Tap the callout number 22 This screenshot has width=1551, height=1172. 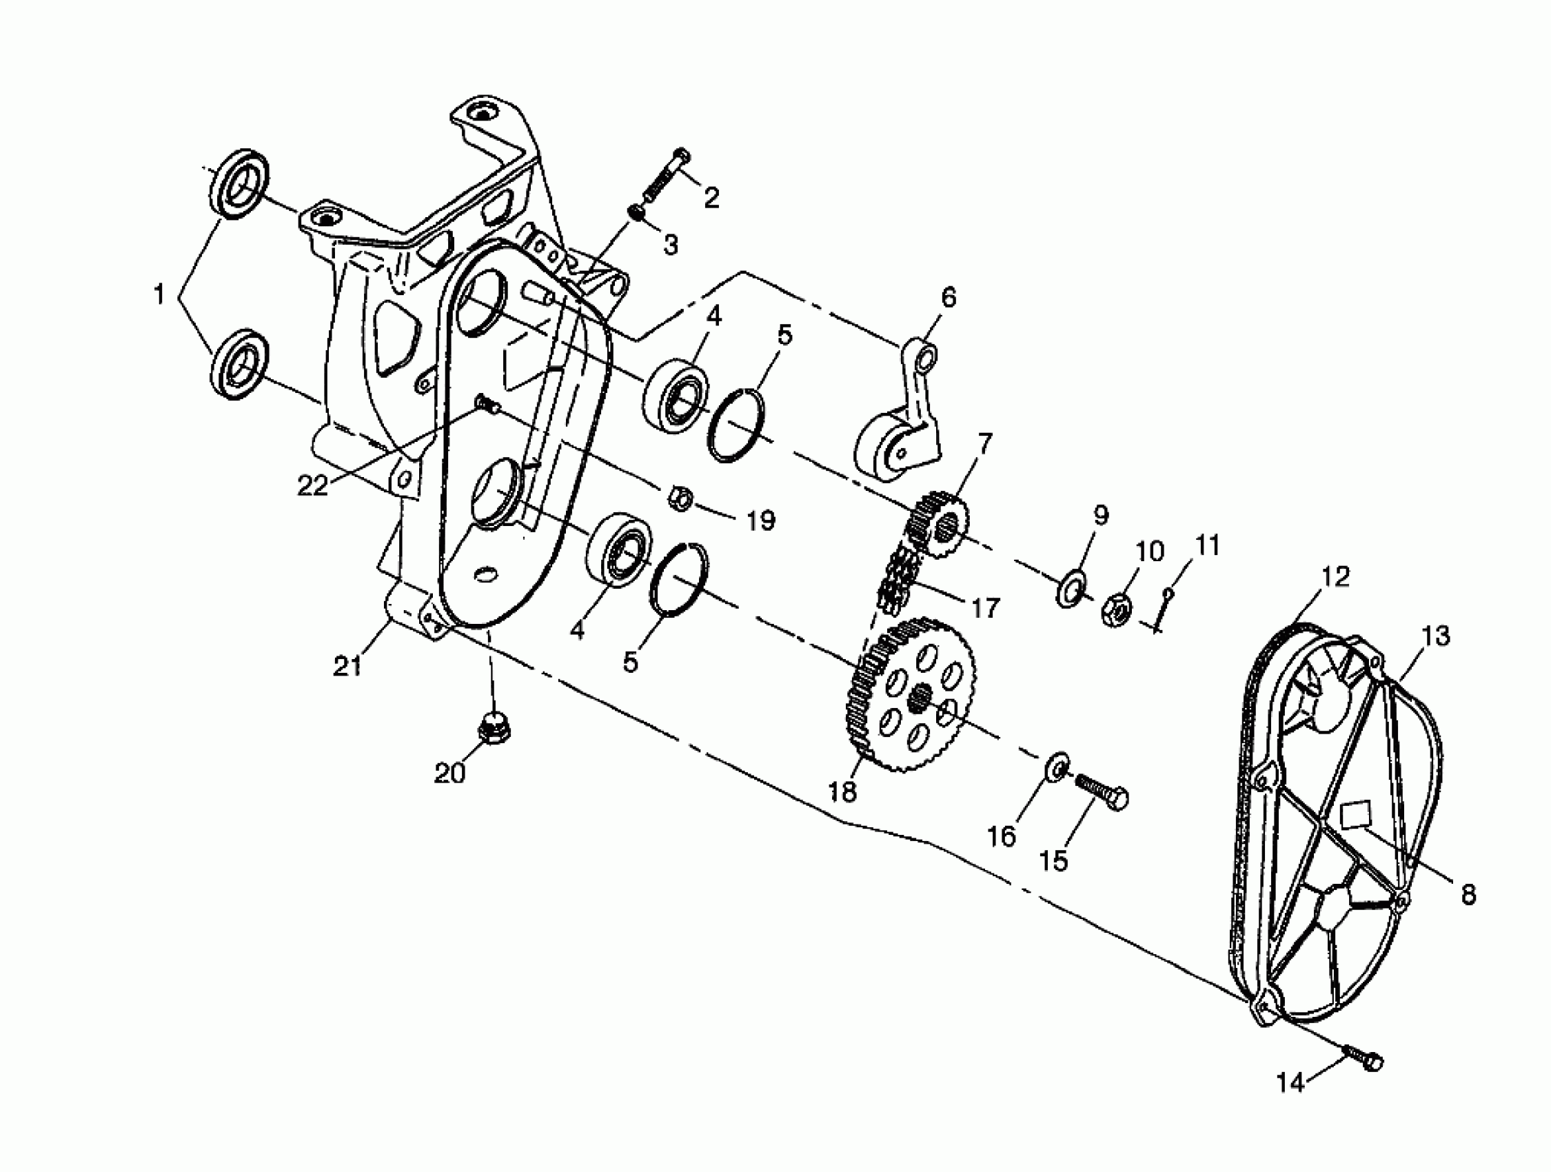312,485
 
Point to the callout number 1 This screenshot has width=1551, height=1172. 159,294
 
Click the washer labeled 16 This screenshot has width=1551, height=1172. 1057,766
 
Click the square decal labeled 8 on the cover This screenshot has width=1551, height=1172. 1355,815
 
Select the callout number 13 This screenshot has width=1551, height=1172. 1436,637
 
